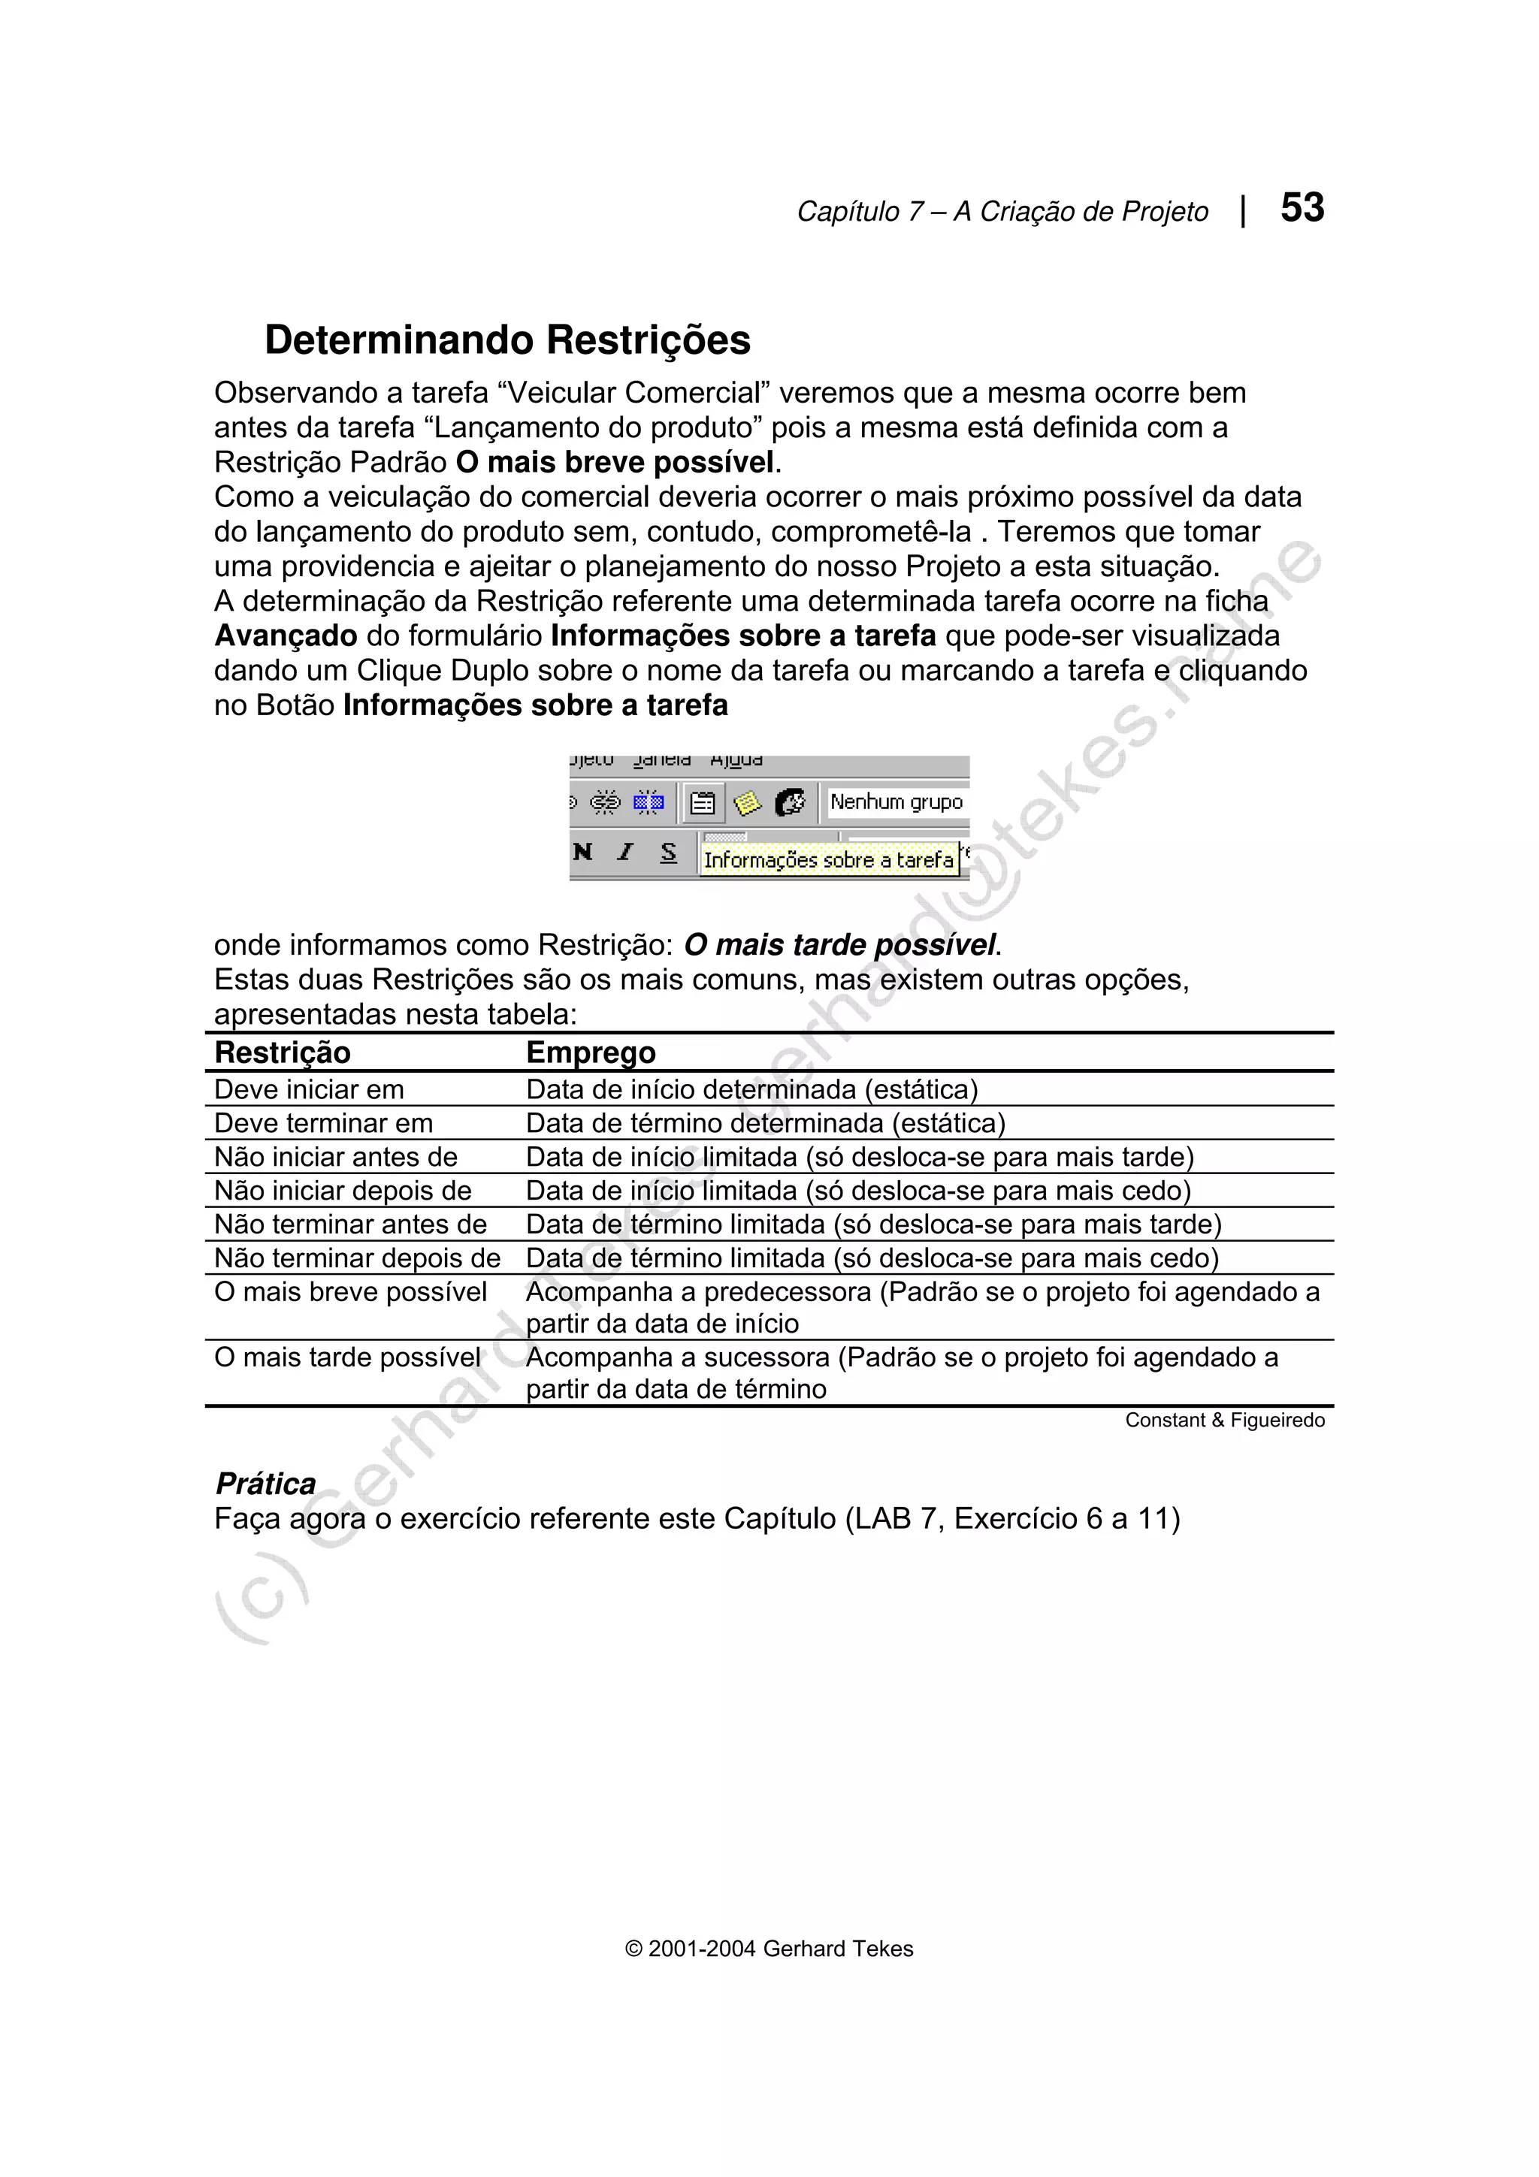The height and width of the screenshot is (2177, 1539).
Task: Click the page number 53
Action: point(1302,207)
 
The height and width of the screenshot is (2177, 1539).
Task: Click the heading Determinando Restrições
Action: point(507,340)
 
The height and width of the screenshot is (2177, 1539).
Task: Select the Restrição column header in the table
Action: point(283,1052)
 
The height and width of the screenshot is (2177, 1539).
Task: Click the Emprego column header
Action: point(591,1052)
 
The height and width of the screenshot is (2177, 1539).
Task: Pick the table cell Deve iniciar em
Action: point(309,1089)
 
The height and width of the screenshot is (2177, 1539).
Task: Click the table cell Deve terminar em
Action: point(323,1124)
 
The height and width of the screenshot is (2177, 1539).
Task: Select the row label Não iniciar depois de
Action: point(343,1191)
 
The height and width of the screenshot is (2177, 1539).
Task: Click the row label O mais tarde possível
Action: point(347,1357)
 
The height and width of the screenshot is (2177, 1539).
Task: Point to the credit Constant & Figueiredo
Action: point(1224,1421)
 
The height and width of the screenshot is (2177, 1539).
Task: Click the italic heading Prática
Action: point(265,1484)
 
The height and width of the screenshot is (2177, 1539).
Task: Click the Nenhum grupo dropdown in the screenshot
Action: point(896,802)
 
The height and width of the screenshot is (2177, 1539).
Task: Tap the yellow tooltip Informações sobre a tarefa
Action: point(828,860)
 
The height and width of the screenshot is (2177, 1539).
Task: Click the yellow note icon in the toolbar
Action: point(747,803)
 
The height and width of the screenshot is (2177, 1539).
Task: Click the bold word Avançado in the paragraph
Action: point(286,636)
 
